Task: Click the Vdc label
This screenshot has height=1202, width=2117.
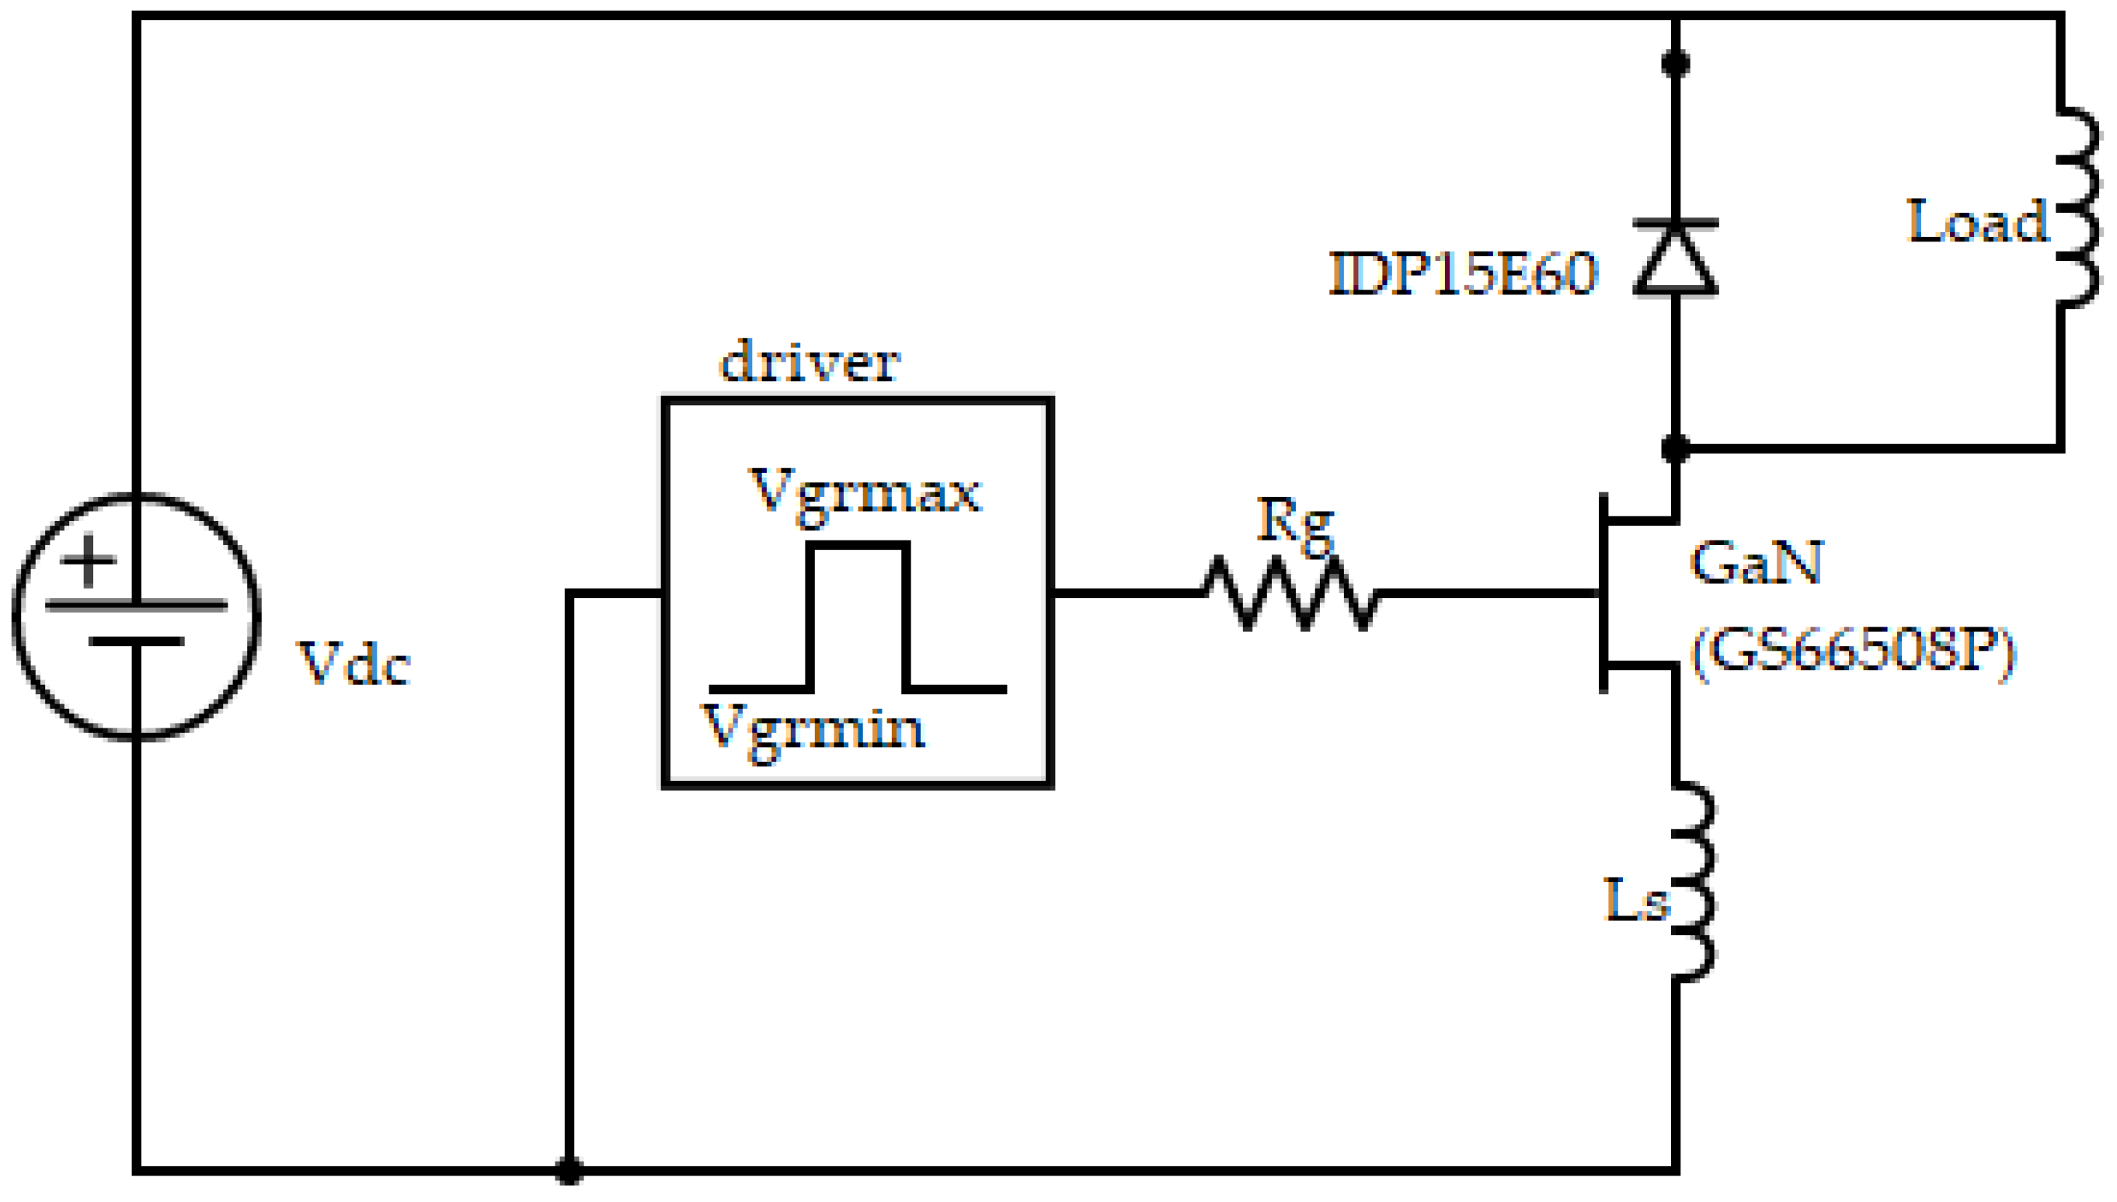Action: [353, 664]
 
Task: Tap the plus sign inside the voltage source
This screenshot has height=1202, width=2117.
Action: [88, 561]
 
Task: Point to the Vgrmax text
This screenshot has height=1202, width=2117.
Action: [864, 493]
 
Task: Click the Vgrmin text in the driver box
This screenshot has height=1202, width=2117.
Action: [813, 729]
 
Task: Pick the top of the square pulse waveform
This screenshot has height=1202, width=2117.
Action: [858, 546]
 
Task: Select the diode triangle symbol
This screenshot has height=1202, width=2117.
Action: [1675, 262]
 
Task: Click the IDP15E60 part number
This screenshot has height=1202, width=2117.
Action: [1463, 274]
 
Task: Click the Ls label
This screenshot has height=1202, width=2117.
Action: [1635, 900]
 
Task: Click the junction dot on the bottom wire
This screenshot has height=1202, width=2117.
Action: [568, 1170]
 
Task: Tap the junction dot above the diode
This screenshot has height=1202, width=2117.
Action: [1675, 64]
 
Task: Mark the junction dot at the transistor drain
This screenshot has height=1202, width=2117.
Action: [1675, 448]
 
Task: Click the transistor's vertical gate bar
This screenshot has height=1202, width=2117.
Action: [1603, 592]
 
